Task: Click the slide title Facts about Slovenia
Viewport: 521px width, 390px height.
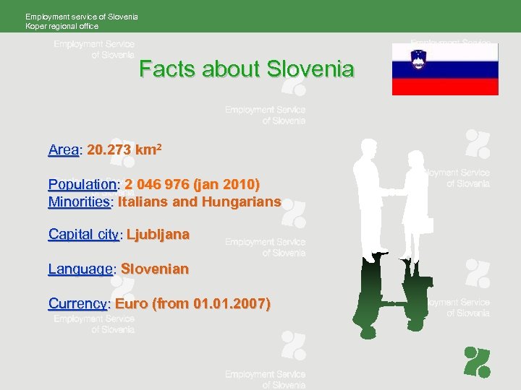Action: (247, 69)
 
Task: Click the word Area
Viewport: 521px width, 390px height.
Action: (63, 150)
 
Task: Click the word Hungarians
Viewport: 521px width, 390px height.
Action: (241, 202)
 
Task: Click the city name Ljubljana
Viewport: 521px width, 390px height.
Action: (158, 235)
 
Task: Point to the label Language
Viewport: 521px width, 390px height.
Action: (80, 269)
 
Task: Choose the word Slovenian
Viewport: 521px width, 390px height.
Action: (154, 269)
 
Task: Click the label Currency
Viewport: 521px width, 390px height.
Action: (77, 304)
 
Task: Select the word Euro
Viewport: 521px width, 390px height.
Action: (131, 304)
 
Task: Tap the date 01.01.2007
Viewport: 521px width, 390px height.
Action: (230, 304)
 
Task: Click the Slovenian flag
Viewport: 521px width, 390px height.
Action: (445, 69)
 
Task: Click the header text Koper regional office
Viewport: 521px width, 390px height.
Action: (62, 26)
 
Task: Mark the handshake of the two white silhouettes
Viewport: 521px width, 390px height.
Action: (391, 192)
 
